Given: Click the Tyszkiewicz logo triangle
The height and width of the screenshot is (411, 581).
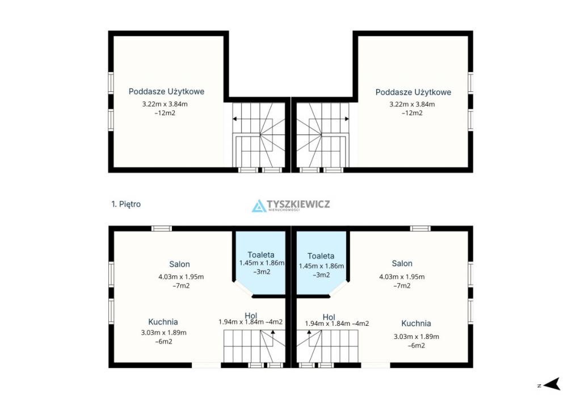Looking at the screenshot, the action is pos(259,206).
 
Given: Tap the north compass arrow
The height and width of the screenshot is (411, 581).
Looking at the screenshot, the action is pos(552,384).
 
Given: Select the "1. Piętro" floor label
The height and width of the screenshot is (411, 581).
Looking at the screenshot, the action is pos(126,204).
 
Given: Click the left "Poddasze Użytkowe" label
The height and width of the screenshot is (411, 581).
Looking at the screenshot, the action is pos(166,91).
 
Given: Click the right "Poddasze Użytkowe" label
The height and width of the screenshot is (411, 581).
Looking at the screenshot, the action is pos(413,93).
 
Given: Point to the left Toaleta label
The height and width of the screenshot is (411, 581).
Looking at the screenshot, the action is pos(261,255).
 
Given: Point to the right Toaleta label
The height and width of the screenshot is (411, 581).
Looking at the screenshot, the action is pos(321,256).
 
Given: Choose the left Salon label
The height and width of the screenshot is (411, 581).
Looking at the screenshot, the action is pos(179,264).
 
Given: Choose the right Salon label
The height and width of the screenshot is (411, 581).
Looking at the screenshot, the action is pos(402,263).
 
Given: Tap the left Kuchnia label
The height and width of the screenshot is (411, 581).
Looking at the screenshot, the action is pos(163,322).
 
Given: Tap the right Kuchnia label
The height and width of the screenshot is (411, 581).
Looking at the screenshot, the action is pos(416,324).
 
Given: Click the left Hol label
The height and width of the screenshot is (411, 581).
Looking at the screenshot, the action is pos(251,316).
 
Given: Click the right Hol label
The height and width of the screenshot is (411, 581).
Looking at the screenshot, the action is pos(329,317).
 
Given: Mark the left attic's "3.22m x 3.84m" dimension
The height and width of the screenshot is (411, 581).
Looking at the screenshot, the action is pos(165,104).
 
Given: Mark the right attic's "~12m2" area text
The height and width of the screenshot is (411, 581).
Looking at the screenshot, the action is pos(412,113).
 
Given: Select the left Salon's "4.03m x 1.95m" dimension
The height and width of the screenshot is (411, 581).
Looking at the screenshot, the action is pos(181,277).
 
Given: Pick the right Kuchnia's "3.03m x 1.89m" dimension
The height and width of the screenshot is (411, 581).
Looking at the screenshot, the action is pos(416,337).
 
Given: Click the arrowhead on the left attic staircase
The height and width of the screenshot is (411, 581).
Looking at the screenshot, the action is pos(235,119).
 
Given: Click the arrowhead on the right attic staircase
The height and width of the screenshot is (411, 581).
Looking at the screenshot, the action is pos(347,119).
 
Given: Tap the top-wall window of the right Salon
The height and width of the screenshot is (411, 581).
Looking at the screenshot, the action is pos(420,228).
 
